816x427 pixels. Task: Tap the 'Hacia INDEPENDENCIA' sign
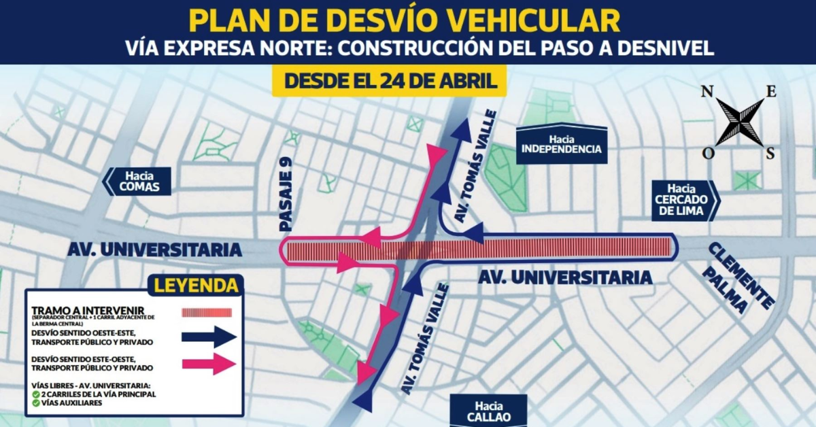562,144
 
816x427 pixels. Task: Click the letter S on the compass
770,153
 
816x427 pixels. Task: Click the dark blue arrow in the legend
209,337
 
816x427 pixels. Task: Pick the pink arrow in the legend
209,364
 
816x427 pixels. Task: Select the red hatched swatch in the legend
207,312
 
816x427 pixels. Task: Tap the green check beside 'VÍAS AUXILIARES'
35,403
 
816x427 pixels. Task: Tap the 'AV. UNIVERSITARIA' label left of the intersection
155,250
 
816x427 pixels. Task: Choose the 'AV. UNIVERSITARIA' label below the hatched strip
564,277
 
